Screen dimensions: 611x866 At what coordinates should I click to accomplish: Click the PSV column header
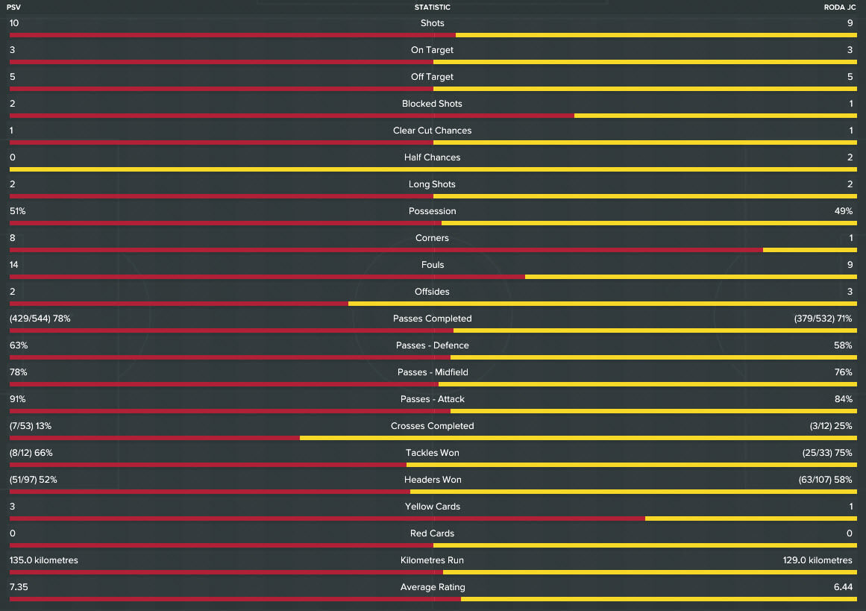(x=13, y=7)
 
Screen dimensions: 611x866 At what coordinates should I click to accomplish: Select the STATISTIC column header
(x=433, y=7)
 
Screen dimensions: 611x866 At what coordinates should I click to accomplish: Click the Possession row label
(x=433, y=211)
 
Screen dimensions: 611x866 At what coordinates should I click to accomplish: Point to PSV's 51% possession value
(x=18, y=211)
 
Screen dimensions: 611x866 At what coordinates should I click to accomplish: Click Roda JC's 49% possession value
(x=844, y=211)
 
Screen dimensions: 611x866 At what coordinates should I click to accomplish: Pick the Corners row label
(x=433, y=238)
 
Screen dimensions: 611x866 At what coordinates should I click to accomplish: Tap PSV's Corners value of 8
(x=13, y=238)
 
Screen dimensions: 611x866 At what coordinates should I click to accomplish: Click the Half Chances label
(x=433, y=157)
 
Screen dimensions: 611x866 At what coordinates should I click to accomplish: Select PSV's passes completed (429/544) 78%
(x=40, y=319)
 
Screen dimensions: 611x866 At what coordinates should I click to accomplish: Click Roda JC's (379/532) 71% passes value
(x=823, y=319)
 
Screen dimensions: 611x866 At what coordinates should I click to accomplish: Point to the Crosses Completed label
(x=433, y=426)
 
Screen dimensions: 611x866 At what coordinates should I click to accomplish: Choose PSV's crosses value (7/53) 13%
(x=31, y=426)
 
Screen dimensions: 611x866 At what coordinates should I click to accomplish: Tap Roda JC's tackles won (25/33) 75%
(x=827, y=453)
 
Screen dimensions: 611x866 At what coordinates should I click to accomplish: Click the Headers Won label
(x=433, y=480)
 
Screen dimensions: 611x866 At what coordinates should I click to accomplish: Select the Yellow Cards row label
(x=433, y=507)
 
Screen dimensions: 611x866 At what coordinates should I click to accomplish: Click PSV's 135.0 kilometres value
(x=44, y=560)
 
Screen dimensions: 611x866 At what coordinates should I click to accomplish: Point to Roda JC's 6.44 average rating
(x=843, y=587)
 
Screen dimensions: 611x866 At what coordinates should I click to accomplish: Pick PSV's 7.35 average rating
(x=19, y=587)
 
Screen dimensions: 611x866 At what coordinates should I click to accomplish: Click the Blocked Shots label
(x=433, y=104)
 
